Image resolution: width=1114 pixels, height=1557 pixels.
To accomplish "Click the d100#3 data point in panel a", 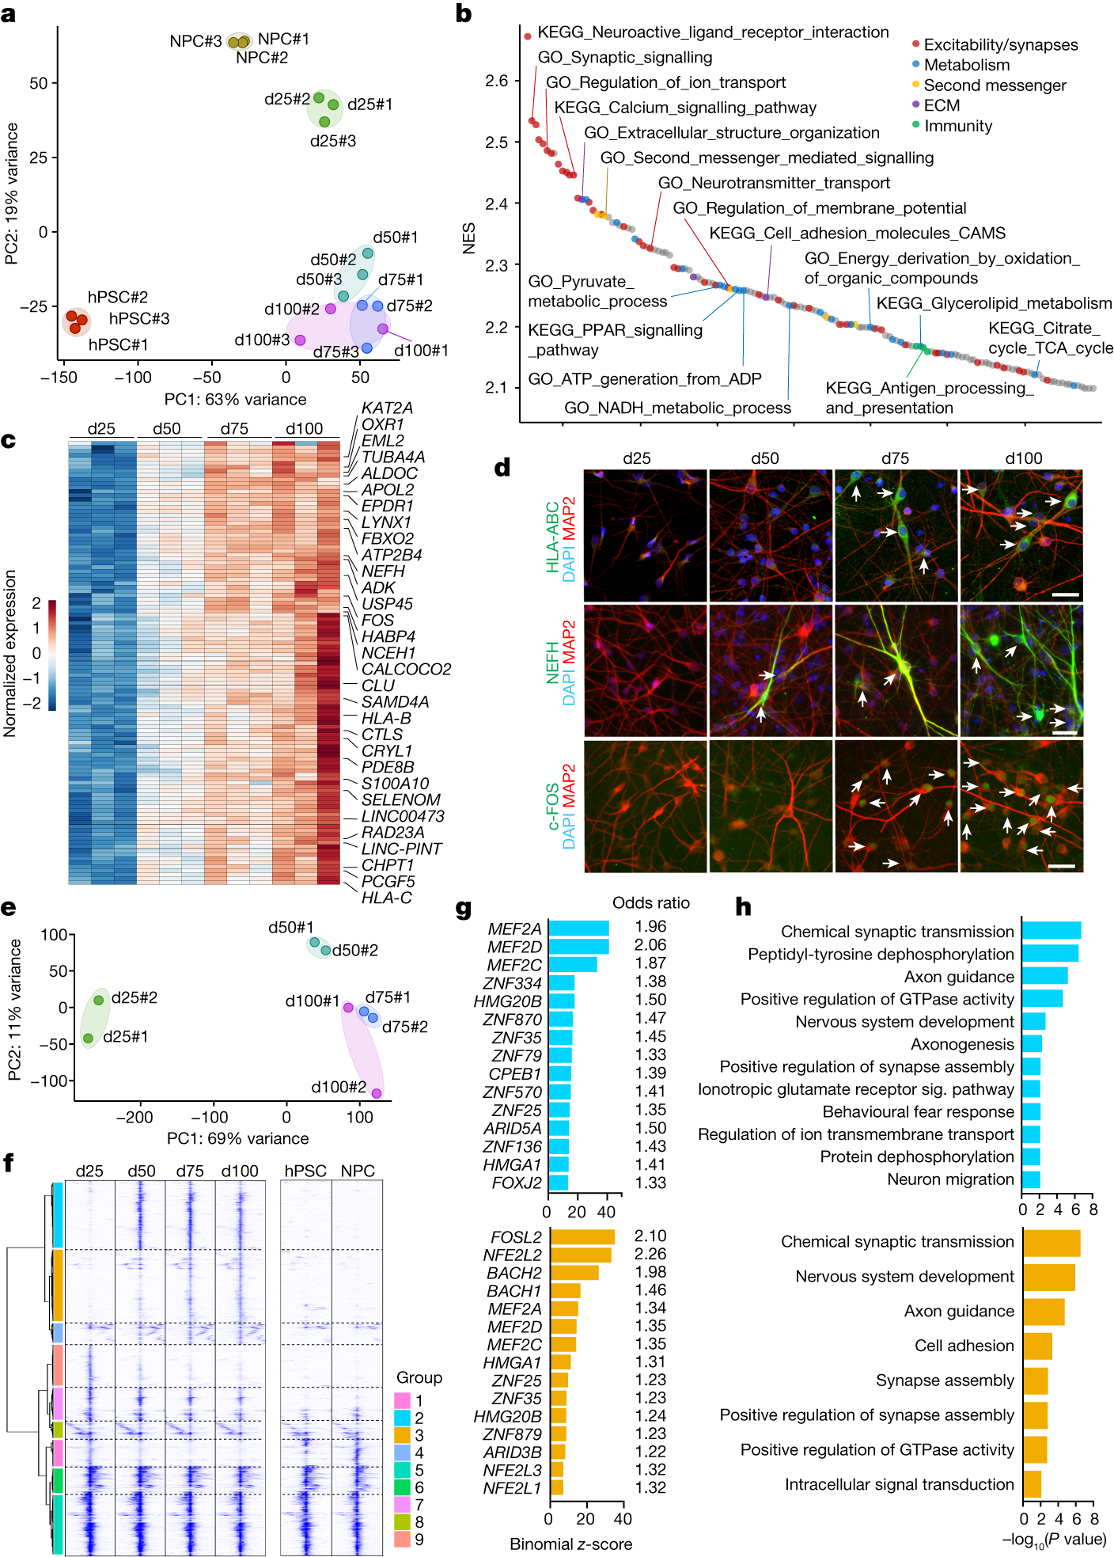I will [300, 340].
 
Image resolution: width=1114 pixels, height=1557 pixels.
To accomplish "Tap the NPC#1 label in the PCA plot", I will [283, 39].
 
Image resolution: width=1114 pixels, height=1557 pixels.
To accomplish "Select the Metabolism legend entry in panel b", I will [966, 65].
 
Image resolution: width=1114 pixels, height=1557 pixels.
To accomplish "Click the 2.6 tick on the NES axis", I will [497, 81].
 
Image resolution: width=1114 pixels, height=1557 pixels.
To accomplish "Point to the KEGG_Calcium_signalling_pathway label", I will [684, 108].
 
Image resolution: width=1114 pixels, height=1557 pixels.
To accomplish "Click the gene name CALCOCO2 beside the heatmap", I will [406, 669].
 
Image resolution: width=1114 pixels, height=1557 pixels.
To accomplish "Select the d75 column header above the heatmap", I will [234, 428].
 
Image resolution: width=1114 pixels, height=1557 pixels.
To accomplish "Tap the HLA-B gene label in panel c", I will [386, 718].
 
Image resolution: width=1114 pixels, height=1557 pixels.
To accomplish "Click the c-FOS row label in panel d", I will [553, 807].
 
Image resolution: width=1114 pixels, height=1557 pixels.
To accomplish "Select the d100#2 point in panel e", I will [377, 1093].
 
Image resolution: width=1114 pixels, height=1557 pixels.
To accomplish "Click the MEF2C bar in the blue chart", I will [572, 964].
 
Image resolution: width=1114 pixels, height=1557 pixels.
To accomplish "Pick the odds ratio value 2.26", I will [650, 1254].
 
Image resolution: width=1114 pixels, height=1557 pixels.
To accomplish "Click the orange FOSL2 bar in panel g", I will [582, 1236].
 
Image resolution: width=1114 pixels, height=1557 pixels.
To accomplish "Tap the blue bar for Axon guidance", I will [1044, 976].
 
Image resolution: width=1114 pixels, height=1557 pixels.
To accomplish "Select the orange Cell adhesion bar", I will [1037, 1346].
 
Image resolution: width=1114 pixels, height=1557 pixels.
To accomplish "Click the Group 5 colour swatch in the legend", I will [402, 1470].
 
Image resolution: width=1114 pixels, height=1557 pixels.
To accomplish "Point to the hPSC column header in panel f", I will [305, 1171].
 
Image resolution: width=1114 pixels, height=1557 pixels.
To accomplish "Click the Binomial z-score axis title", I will [570, 1544].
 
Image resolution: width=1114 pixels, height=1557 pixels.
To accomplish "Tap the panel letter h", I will [743, 907].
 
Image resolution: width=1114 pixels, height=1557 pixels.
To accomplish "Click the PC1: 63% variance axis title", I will [235, 399].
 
